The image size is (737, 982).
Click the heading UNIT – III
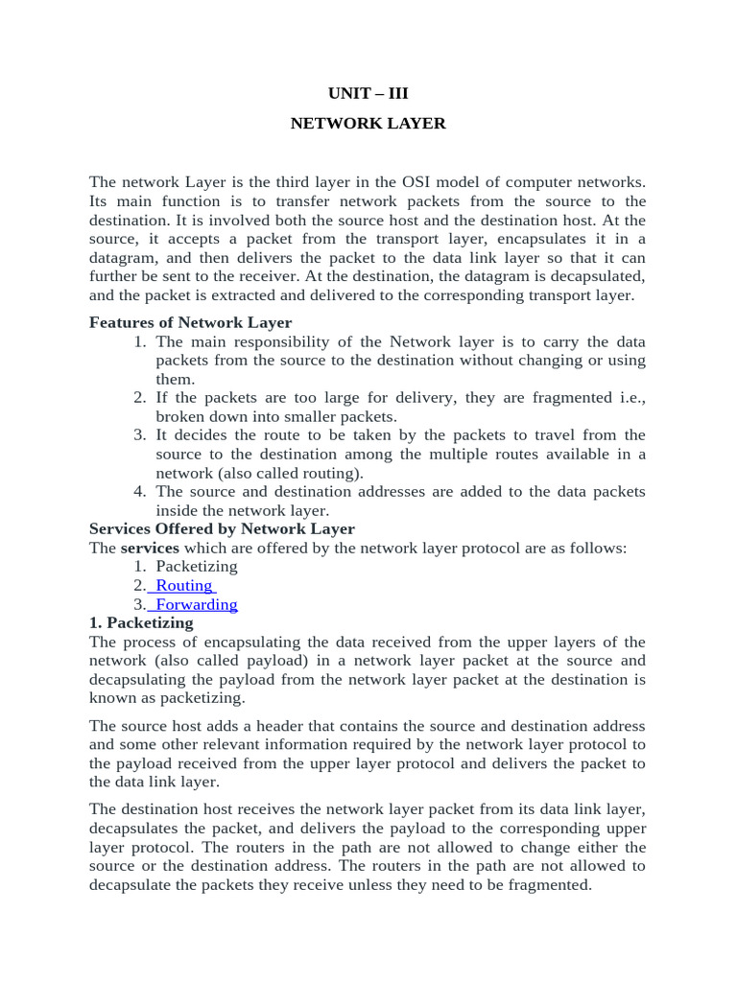tap(368, 94)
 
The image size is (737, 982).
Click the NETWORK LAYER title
tap(368, 125)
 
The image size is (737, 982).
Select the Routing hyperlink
tap(184, 586)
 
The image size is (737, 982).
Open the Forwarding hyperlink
tap(196, 605)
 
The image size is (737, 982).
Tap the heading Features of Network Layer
tap(190, 323)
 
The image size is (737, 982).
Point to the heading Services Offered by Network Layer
tap(222, 529)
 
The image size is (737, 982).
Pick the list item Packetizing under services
tap(197, 567)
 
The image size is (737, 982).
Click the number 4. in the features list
tap(139, 492)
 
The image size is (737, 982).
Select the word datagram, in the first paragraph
tap(123, 258)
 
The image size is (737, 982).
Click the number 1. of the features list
tap(139, 342)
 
